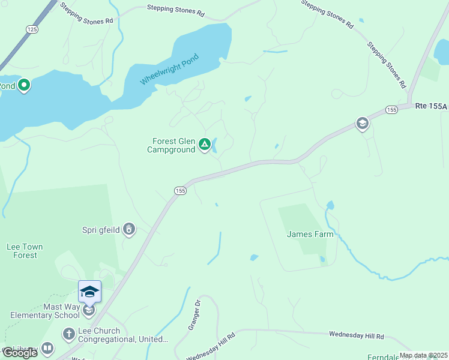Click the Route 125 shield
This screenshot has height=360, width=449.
point(32,29)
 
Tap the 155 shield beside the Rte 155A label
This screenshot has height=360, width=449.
point(391,109)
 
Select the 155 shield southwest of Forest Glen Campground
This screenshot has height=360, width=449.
point(180,190)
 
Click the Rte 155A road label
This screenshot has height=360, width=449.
point(431,106)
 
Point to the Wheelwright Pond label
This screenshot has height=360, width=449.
point(169,70)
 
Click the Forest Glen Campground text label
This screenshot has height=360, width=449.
point(173,145)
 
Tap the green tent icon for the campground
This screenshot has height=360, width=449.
point(205,144)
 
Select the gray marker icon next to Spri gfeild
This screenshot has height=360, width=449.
point(128,229)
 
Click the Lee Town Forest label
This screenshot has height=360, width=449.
point(25,251)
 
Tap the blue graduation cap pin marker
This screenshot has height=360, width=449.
point(89,292)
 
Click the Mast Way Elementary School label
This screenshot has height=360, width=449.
point(46,311)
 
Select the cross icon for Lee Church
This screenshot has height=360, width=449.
point(69,333)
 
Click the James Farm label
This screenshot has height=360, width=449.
point(310,234)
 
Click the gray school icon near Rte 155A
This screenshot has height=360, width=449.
point(362,124)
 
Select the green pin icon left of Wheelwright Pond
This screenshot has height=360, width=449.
point(24,86)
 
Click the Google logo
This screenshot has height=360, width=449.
point(20,353)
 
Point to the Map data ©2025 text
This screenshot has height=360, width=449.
point(423,355)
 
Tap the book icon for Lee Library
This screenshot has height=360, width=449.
point(47,348)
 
